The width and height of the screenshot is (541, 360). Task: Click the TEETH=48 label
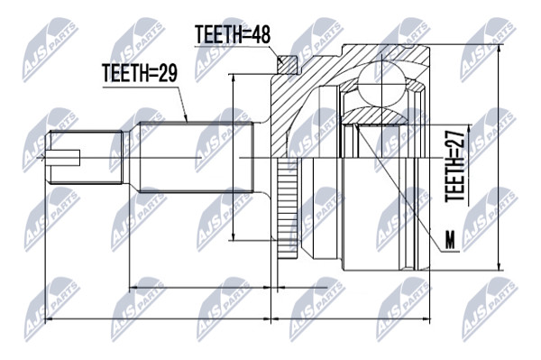pyautogui.click(x=233, y=34)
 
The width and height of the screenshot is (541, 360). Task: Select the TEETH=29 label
pyautogui.click(x=140, y=73)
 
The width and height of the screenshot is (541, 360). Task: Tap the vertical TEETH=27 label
pyautogui.click(x=454, y=166)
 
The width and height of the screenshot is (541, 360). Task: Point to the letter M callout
pyautogui.click(x=450, y=240)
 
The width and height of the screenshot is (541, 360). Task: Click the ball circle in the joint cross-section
pyautogui.click(x=381, y=82)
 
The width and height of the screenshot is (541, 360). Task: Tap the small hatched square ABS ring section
pyautogui.click(x=287, y=65)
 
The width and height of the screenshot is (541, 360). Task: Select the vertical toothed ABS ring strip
pyautogui.click(x=287, y=208)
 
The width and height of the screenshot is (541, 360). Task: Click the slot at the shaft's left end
pyautogui.click(x=65, y=158)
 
